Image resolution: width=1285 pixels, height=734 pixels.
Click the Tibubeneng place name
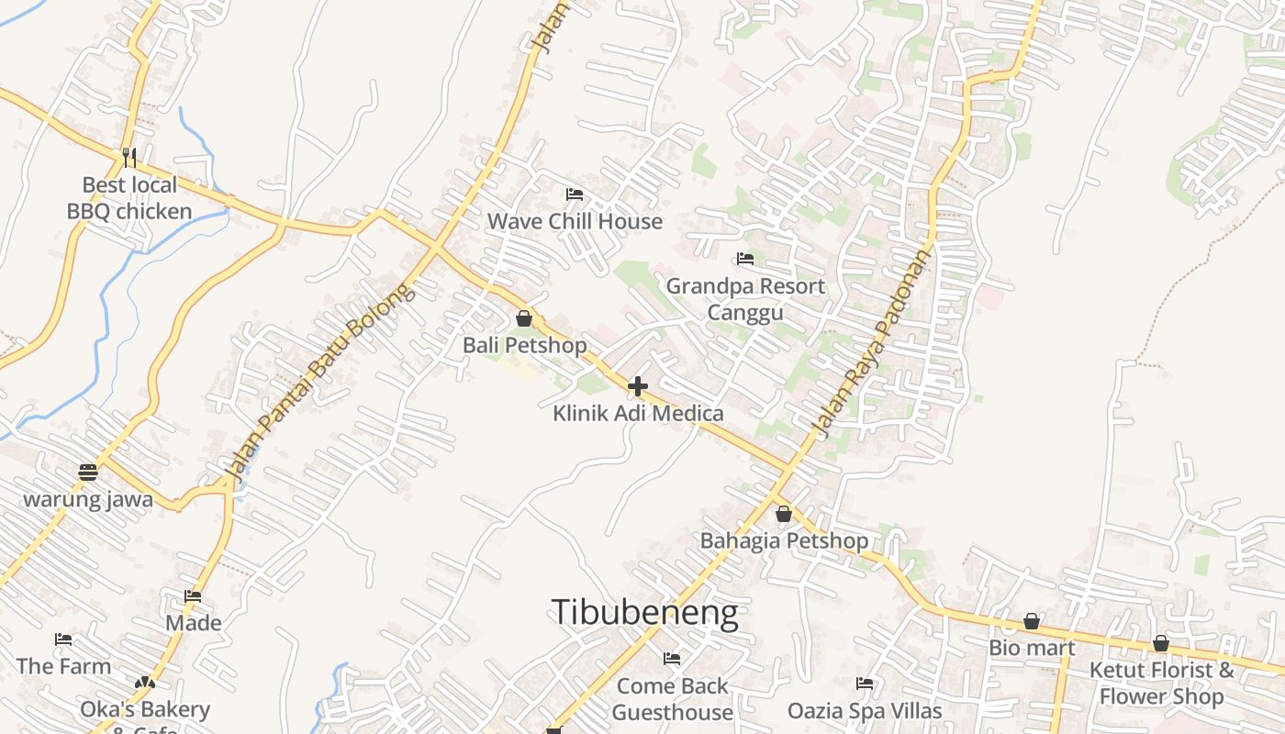click(x=644, y=613)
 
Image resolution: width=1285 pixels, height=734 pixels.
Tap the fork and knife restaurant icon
click(x=129, y=157)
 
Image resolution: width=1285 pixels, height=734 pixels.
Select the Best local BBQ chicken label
click(x=129, y=198)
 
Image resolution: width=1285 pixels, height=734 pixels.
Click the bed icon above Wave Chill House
click(x=575, y=194)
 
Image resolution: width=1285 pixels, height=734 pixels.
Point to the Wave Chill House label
click(x=575, y=221)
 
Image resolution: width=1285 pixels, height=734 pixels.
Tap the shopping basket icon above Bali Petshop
click(x=524, y=318)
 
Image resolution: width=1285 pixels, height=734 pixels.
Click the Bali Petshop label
click(x=524, y=345)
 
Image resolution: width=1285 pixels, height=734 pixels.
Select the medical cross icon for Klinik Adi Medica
click(x=638, y=386)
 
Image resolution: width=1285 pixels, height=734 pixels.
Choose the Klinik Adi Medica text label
click(x=638, y=414)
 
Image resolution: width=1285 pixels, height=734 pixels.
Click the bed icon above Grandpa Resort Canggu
click(x=745, y=259)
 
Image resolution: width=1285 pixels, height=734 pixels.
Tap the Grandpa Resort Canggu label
click(x=745, y=299)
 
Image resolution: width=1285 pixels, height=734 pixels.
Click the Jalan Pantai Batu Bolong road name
click(x=320, y=384)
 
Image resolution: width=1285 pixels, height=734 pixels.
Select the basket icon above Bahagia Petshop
click(x=784, y=514)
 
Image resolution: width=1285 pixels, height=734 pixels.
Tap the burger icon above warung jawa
click(x=88, y=473)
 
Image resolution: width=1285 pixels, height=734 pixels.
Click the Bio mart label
click(x=1032, y=648)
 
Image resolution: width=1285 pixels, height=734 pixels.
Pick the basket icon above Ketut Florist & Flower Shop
click(x=1161, y=643)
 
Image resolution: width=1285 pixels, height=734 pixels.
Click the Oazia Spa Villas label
click(x=865, y=711)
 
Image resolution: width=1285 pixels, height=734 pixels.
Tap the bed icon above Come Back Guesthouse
click(x=672, y=658)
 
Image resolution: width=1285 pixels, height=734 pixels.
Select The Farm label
click(x=63, y=666)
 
